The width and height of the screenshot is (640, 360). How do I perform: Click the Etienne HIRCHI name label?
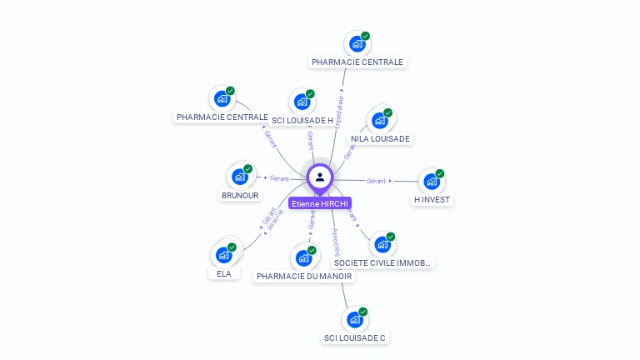coord(320,203)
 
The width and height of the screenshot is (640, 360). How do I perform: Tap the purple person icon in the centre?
coord(320,177)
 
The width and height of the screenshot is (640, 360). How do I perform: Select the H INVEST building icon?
coord(430,181)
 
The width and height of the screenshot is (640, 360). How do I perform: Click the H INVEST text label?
coord(432,200)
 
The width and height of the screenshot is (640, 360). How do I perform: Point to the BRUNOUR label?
coord(240,196)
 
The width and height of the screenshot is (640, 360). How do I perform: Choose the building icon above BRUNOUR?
coord(240,176)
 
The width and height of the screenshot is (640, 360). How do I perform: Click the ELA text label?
coord(223,273)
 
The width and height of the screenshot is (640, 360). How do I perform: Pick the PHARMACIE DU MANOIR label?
coord(304,277)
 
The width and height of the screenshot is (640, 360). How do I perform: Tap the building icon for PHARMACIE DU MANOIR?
coord(304,257)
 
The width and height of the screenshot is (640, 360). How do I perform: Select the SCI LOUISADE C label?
coord(355,338)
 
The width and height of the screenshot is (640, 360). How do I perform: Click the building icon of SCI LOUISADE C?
coord(355,319)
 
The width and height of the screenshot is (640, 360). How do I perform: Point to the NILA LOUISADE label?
coord(380,139)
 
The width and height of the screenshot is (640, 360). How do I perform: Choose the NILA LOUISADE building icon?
coord(380,120)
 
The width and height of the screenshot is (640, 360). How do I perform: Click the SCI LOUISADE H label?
coord(302,121)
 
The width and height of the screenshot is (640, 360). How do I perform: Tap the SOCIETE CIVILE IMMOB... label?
coord(383,263)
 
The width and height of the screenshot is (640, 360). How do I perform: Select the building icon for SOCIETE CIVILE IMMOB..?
coord(382,244)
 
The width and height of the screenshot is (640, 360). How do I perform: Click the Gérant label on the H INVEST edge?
coord(376,181)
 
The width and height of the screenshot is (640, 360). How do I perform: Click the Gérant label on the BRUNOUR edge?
coord(279,178)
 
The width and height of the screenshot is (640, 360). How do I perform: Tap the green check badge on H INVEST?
coord(440,173)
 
